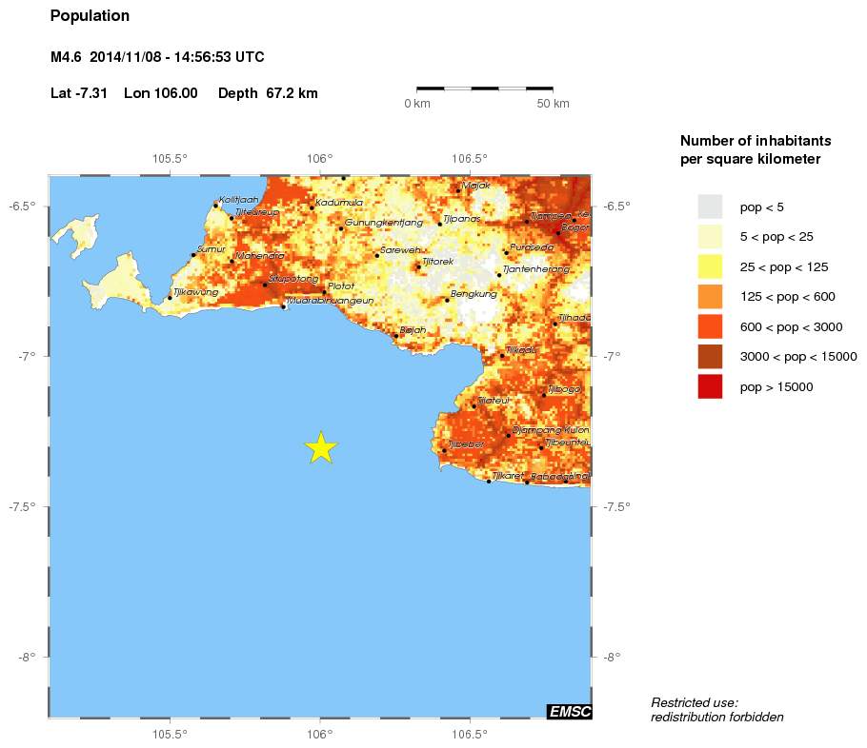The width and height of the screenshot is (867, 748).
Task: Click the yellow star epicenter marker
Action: point(321,447)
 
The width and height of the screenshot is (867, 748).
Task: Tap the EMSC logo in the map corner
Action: point(570,711)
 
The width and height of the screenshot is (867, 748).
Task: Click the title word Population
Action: point(90,16)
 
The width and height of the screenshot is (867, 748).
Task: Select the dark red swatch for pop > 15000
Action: point(710,386)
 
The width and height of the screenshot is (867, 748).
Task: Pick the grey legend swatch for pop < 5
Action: point(710,207)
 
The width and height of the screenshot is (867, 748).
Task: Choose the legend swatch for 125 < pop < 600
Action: point(710,297)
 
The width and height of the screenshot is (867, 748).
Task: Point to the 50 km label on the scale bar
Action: point(553,103)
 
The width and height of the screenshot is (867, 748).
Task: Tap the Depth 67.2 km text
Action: point(268,93)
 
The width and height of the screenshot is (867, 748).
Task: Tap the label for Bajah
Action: point(413,330)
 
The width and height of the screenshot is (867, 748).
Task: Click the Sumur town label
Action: point(210,249)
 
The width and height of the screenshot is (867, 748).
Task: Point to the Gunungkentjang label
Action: point(383,223)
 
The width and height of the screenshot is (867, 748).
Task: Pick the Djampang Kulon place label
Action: point(551,430)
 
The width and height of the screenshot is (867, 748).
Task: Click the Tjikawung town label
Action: point(195,292)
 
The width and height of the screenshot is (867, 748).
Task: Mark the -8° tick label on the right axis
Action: point(612,657)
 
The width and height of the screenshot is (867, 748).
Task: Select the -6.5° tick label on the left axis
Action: point(24,207)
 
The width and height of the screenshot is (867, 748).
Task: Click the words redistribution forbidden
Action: point(716,717)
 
